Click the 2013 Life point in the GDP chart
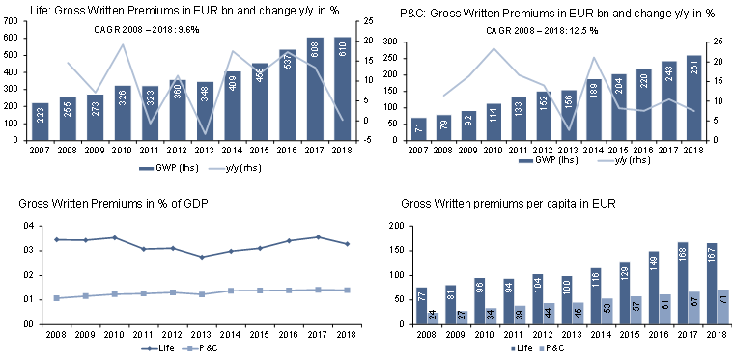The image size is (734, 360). [175, 257]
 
